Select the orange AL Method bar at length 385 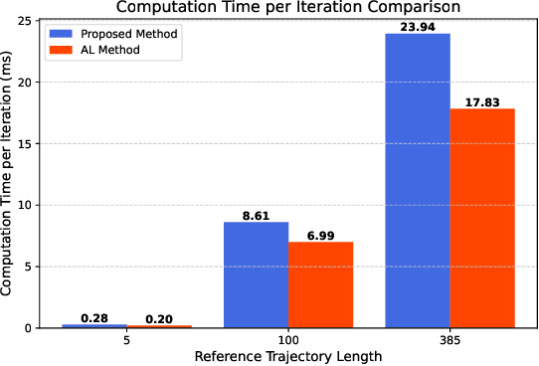point(481,218)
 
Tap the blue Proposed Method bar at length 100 point(256,274)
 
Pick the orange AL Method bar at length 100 point(320,284)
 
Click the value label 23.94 point(417,26)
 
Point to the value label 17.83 point(481,100)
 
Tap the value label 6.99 point(320,234)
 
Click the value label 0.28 point(95,316)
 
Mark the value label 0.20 point(159,317)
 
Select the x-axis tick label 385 point(449,340)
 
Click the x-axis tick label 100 point(288,340)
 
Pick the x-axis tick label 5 point(127,340)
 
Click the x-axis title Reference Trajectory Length point(288,356)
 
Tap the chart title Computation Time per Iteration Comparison point(288,7)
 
